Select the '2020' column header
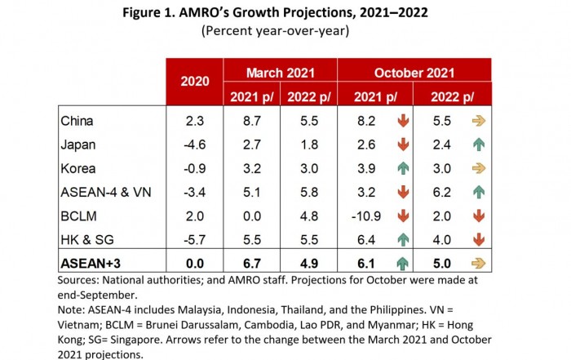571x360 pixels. (194, 82)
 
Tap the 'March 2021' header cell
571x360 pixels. (279, 71)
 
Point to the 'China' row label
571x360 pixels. (78, 121)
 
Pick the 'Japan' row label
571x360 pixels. (78, 145)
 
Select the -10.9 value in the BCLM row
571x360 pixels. (365, 216)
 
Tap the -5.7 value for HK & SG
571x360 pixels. (194, 241)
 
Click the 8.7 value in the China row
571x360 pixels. (252, 121)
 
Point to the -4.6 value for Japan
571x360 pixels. (194, 145)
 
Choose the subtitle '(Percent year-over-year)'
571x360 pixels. (286, 32)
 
